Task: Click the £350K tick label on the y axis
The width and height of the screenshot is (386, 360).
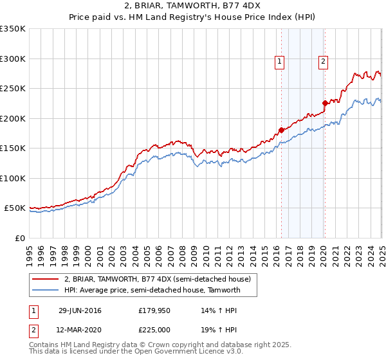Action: click(x=13, y=29)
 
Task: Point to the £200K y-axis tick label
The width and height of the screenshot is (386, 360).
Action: click(x=13, y=118)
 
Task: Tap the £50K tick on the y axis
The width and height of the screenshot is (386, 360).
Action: click(x=15, y=208)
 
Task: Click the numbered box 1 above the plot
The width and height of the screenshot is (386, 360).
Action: click(x=280, y=62)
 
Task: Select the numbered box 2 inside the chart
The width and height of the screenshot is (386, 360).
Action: click(x=323, y=62)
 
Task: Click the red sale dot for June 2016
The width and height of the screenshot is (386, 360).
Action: click(x=281, y=130)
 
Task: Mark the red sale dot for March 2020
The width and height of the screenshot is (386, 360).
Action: click(x=325, y=102)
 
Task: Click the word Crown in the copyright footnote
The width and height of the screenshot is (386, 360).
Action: click(x=163, y=345)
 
